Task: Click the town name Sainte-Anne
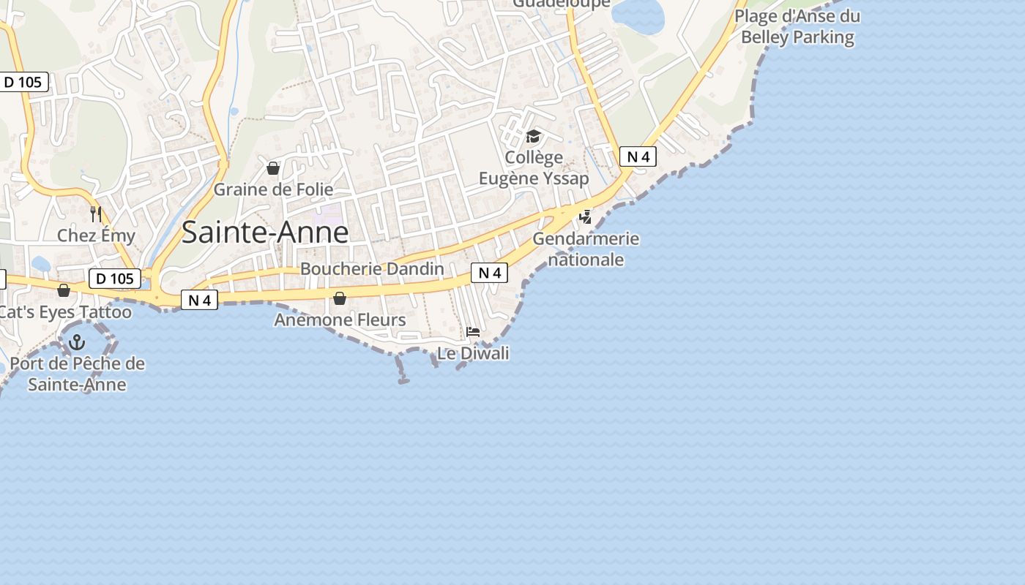coord(264,233)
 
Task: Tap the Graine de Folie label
coord(273,189)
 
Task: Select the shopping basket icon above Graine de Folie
coord(273,169)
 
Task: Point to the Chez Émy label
coord(96,235)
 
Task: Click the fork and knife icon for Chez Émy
coord(96,214)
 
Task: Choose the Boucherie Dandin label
coord(372,268)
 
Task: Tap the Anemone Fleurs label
coord(340,320)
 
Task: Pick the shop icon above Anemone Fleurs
coord(340,298)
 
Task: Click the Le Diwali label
coord(473,353)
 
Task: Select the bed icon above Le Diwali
coord(473,332)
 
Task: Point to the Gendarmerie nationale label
coord(586,249)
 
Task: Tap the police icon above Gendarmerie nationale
coord(585,217)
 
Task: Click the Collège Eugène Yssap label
coord(534,167)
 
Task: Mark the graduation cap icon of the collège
coord(533,137)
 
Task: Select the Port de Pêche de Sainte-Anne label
coord(77,374)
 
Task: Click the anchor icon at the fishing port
coord(77,341)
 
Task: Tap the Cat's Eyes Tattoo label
coord(64,312)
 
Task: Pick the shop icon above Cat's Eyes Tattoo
coord(64,290)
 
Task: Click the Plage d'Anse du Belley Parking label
coord(797,26)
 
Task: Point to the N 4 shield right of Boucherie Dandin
coord(489,273)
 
